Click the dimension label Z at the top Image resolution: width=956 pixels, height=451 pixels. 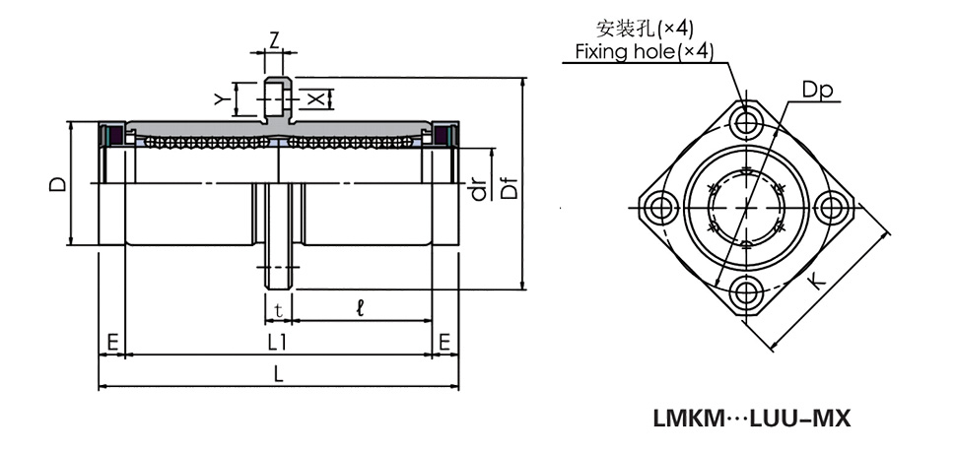pyautogui.click(x=276, y=39)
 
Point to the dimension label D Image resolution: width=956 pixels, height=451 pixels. pyautogui.click(x=58, y=183)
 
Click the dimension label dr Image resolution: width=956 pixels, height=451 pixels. pyautogui.click(x=480, y=188)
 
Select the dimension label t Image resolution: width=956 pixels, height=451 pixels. pyautogui.click(x=279, y=310)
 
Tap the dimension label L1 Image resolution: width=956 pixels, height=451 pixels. pyautogui.click(x=278, y=343)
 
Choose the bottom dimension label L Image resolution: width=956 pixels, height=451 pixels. pyautogui.click(x=278, y=375)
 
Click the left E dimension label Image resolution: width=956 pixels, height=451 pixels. pyautogui.click(x=112, y=343)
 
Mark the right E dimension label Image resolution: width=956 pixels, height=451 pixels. pyautogui.click(x=444, y=343)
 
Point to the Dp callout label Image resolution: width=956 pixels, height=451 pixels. pyautogui.click(x=817, y=90)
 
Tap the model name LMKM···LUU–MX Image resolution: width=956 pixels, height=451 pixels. pyautogui.click(x=751, y=419)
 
